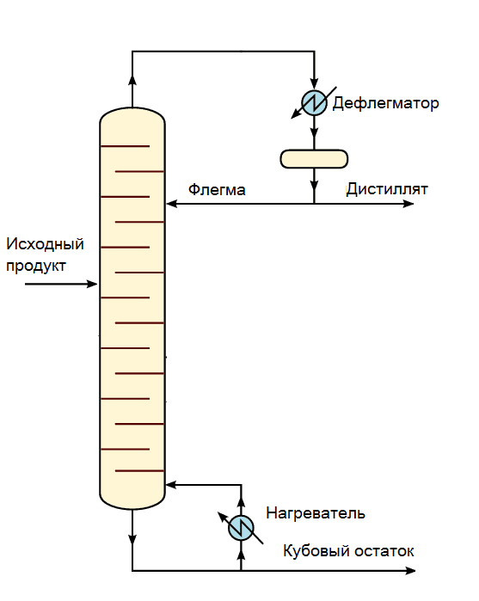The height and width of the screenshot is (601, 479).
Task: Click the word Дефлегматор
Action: [385, 103]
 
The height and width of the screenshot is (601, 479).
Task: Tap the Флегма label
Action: [217, 190]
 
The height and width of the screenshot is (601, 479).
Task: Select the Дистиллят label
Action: [387, 189]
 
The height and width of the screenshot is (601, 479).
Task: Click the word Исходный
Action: [45, 244]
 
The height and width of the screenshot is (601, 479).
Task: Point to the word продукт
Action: [36, 266]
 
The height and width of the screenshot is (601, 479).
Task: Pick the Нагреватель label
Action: [316, 513]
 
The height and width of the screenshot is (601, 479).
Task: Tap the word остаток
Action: [384, 551]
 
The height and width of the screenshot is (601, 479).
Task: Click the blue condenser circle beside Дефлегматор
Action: [315, 102]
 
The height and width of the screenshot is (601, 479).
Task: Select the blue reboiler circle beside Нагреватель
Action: [241, 528]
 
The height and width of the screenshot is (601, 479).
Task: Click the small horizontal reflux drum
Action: [314, 159]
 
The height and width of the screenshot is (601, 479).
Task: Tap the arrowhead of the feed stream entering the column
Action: [92, 284]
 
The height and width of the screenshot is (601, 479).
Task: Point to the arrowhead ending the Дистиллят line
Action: [408, 204]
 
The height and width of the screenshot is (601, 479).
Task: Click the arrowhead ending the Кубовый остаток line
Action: [410, 571]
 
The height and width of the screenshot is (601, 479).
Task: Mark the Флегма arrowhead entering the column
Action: [171, 204]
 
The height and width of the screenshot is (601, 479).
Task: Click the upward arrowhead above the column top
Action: [132, 80]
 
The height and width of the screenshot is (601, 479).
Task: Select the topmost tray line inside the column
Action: [125, 146]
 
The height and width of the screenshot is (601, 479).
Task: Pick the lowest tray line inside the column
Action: [139, 470]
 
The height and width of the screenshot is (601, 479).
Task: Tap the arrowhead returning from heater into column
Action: [171, 485]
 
